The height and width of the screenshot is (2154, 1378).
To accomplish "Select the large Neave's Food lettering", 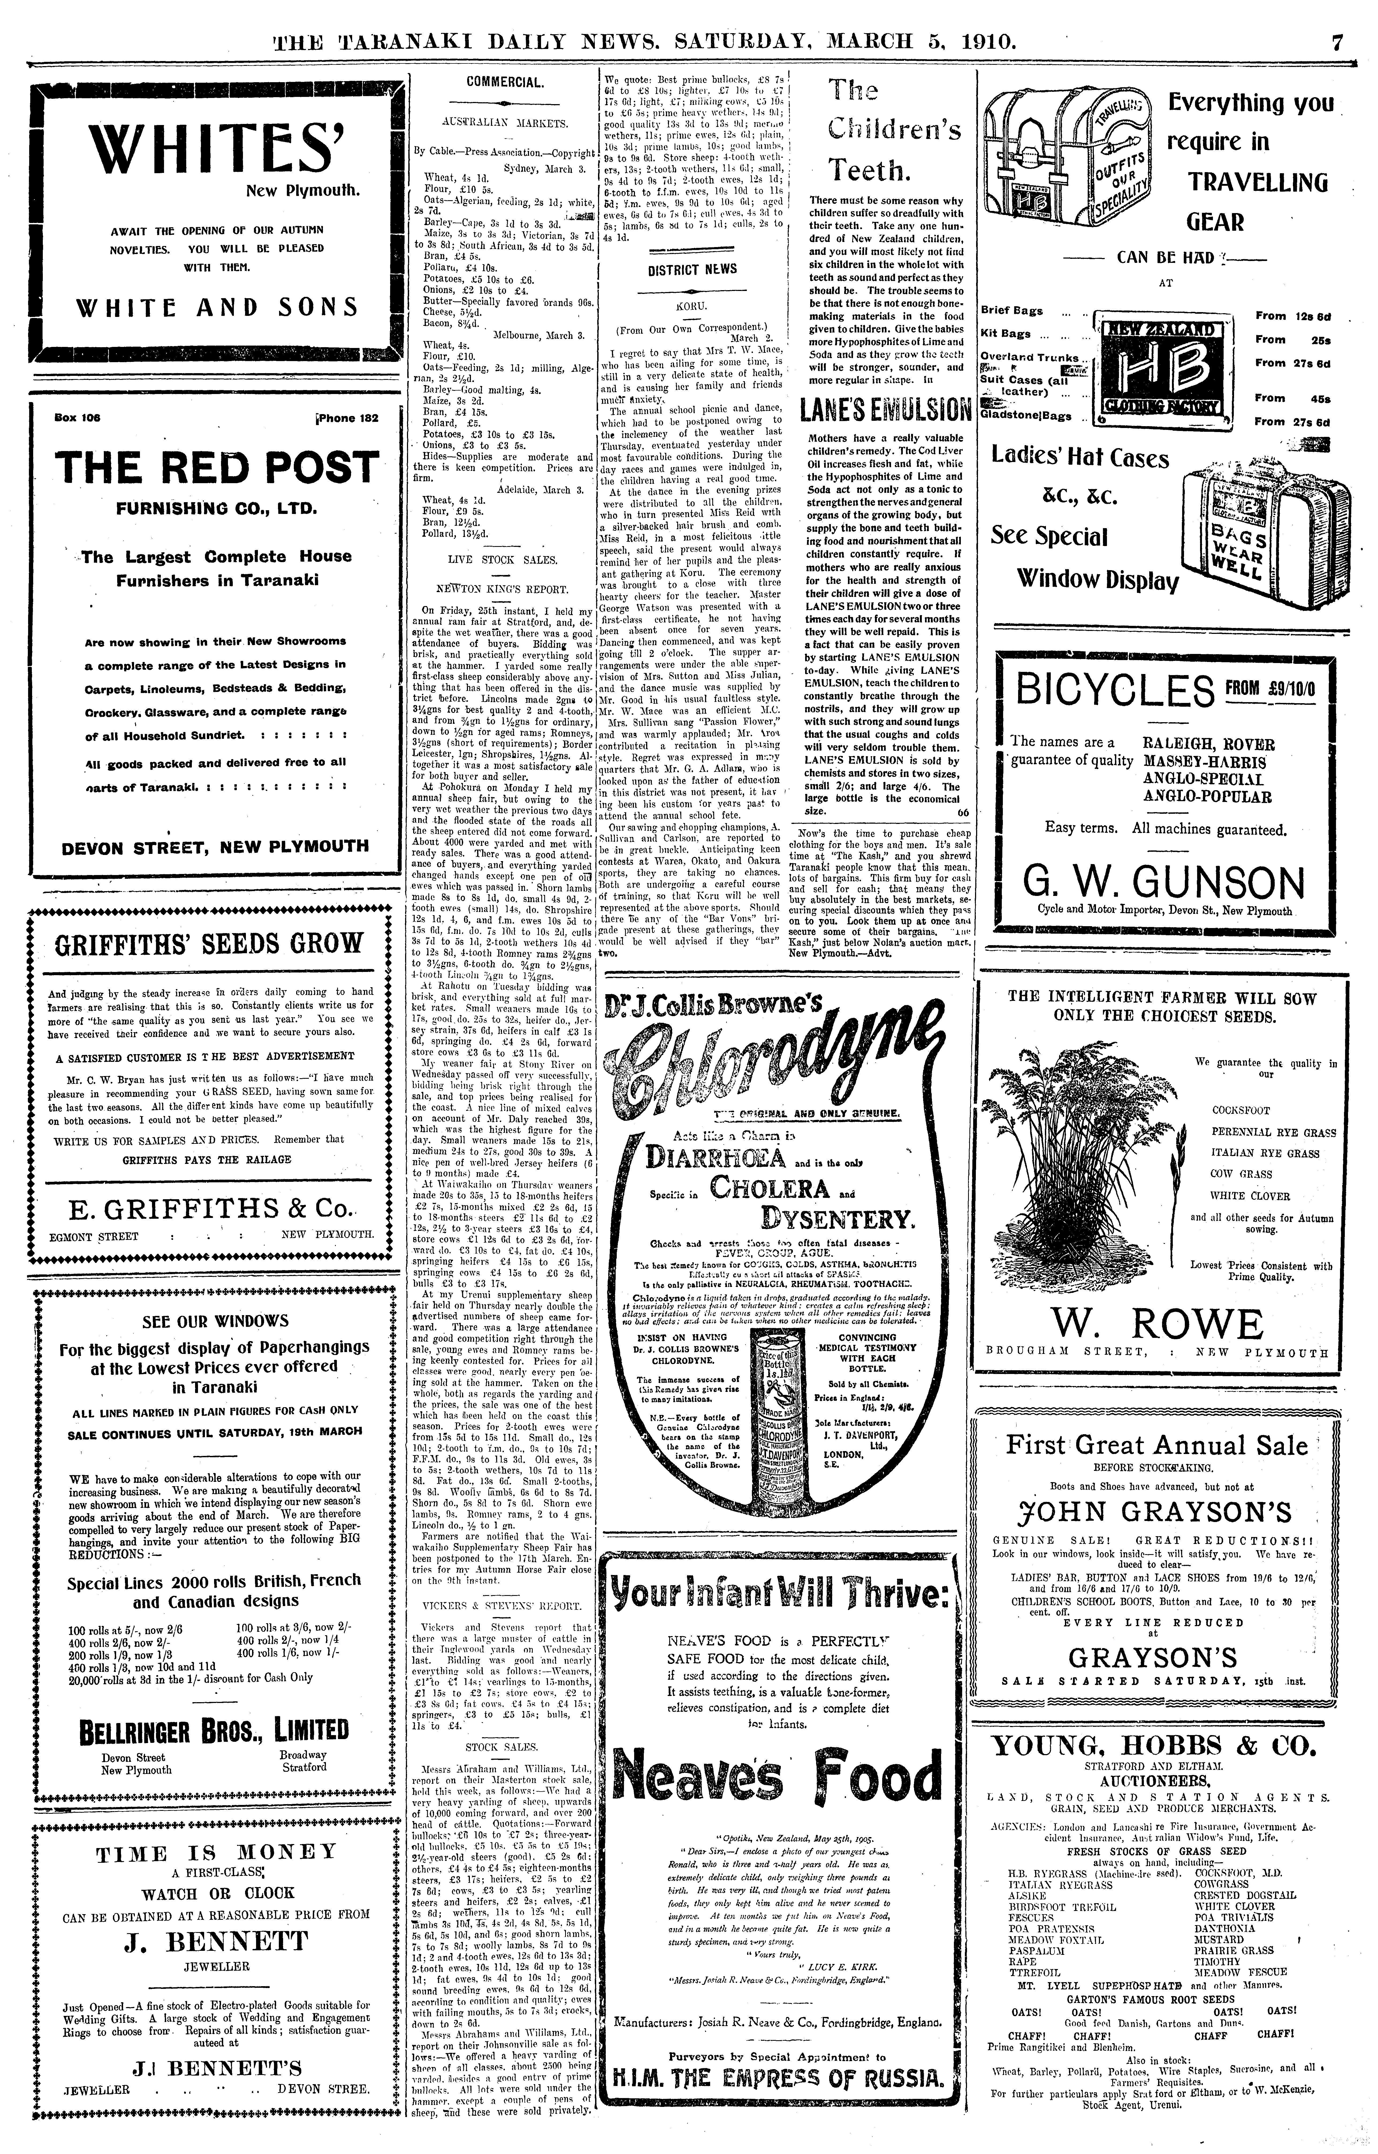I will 777,1778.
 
